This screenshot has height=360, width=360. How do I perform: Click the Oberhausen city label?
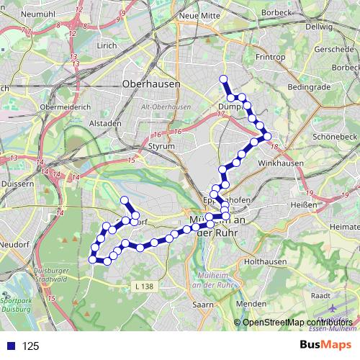pos(152,83)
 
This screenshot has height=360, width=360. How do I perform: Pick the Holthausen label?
pos(266,262)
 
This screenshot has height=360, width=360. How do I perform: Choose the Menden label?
pos(251,304)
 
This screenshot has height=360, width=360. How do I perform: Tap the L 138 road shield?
pos(144,287)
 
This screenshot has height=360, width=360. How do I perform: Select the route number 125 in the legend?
pos(31,346)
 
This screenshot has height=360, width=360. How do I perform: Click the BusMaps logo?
pos(326,345)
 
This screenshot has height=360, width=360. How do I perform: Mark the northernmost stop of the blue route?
pos(223,78)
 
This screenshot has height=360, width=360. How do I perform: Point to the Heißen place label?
pos(307,204)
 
